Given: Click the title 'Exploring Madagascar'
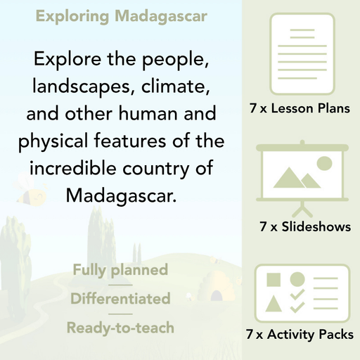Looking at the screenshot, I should coord(121,15).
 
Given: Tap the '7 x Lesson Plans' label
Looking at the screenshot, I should coord(300,109).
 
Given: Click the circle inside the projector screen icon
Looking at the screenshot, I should coord(323,164).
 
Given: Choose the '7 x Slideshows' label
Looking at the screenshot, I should coord(304,227).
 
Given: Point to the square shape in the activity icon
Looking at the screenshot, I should coord(274,280).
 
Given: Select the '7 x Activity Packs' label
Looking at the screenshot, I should coord(300,335).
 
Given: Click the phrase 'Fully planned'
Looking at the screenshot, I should coord(120,270).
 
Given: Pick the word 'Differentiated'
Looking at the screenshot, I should coord(120,298).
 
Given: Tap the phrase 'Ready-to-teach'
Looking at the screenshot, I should coord(120,327).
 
